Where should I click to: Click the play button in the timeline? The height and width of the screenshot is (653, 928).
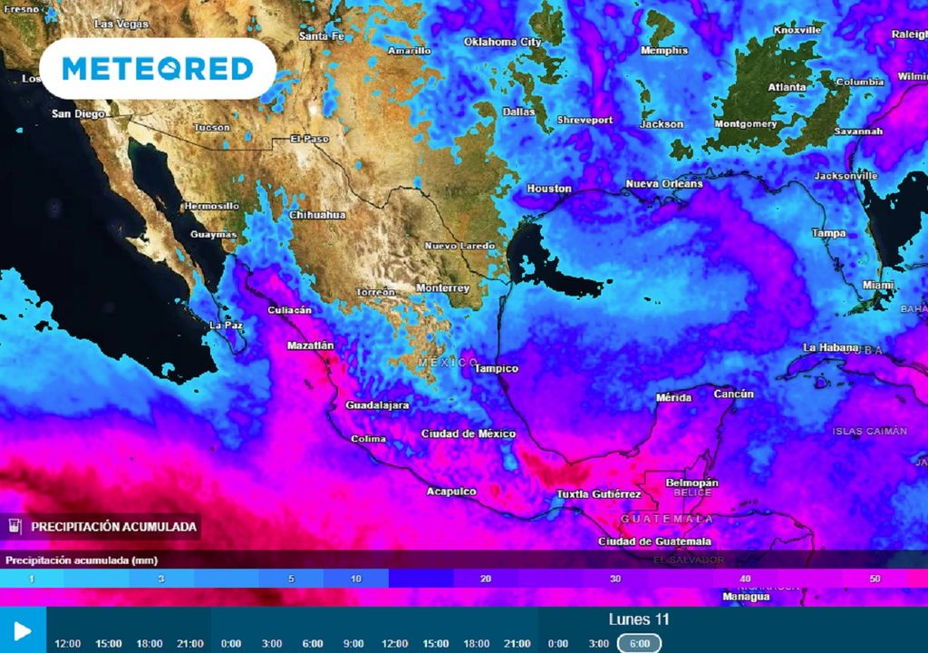click(23, 630)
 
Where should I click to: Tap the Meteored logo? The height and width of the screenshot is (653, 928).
click(158, 69)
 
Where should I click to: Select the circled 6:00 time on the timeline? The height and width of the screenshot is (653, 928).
click(640, 643)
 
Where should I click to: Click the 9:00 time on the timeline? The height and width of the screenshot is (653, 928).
click(353, 643)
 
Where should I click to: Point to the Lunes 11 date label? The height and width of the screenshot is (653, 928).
click(639, 619)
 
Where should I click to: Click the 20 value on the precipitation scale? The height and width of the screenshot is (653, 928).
click(487, 579)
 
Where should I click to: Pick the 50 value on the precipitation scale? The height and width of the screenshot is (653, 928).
click(875, 579)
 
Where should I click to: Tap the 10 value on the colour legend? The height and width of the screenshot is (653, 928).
click(357, 579)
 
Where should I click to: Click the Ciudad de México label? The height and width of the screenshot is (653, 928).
click(469, 434)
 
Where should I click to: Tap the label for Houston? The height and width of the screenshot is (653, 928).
click(549, 189)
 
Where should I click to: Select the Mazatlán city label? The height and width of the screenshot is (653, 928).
click(311, 346)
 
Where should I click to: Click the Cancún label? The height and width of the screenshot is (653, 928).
click(734, 394)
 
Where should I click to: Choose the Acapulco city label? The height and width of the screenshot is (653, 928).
click(451, 492)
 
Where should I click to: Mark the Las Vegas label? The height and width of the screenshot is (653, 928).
click(117, 23)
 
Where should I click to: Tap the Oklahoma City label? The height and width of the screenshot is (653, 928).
click(502, 42)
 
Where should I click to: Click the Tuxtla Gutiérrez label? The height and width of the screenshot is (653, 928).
click(600, 494)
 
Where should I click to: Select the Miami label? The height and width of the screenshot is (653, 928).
click(877, 285)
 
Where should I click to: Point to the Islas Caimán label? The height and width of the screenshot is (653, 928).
click(870, 431)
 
